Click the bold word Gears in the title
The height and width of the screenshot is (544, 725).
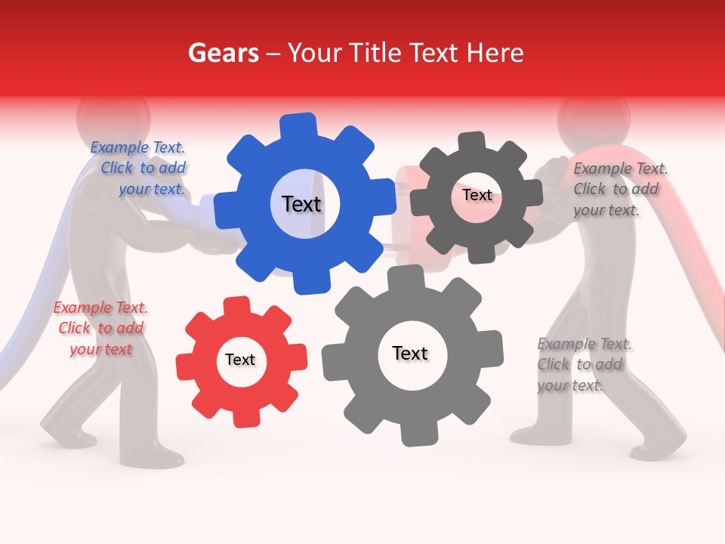223,53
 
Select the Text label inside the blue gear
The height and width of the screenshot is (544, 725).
301,204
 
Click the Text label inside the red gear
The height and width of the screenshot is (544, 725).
240,360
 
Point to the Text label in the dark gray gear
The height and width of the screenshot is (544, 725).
477,195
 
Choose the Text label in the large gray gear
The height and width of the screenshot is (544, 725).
410,354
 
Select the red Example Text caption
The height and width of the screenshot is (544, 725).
100,328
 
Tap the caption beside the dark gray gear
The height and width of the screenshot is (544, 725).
619,189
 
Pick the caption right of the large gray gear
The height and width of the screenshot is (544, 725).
583,364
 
